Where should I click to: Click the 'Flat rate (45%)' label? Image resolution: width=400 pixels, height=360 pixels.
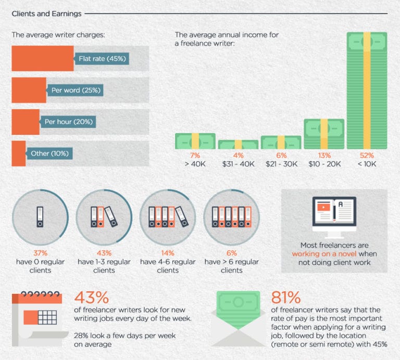click(102, 58)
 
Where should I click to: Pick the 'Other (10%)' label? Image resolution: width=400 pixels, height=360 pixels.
click(49, 153)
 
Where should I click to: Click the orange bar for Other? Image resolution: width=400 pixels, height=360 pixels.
click(18, 153)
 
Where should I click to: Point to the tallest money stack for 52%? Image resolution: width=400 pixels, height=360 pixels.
click(367, 91)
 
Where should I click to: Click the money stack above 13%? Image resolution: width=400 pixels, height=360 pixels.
click(323, 134)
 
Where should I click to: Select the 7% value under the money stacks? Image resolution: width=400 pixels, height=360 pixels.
click(195, 156)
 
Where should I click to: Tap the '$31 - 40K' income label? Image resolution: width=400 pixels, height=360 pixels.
click(238, 164)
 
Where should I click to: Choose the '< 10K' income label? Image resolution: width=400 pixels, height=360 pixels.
click(367, 164)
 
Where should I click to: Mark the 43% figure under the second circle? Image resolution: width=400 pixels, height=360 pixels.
click(104, 253)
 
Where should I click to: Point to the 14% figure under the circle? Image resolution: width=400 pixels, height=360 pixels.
click(168, 253)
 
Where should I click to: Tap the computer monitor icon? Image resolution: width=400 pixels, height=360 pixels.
click(334, 214)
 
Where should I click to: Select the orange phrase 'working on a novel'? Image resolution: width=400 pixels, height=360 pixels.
click(327, 254)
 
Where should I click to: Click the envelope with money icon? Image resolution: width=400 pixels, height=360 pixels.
click(238, 314)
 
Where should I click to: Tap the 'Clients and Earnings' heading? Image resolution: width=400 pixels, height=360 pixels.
click(46, 14)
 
